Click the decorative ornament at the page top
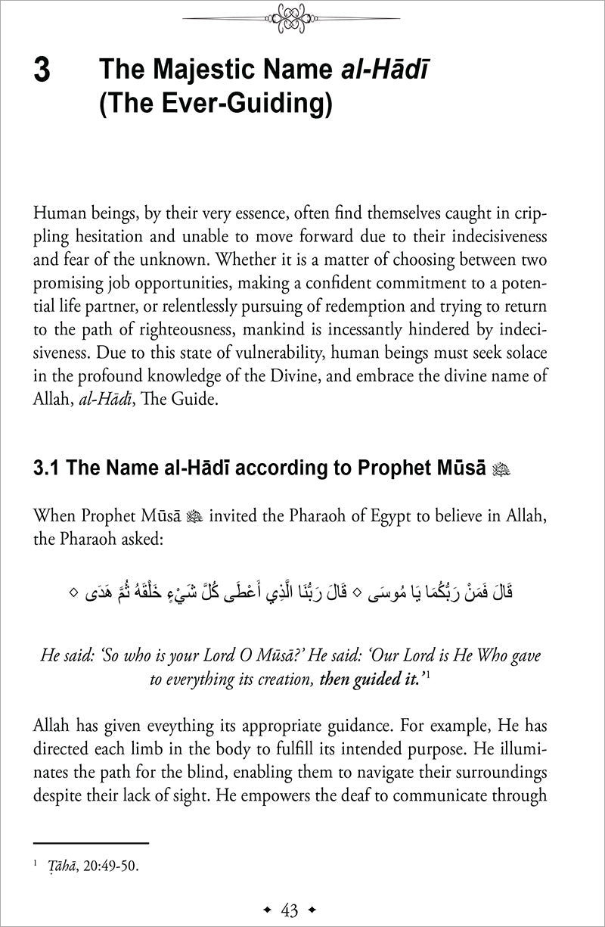302,17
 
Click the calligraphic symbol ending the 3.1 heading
501,470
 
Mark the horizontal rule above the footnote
92,842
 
